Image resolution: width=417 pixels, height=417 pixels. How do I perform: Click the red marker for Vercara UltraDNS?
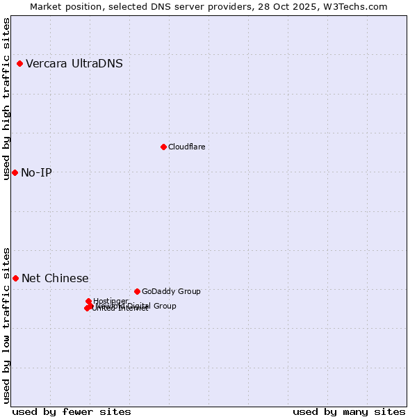(x=19, y=64)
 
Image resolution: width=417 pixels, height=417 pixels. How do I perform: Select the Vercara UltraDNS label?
(x=74, y=64)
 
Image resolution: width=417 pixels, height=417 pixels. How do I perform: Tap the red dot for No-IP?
(x=15, y=172)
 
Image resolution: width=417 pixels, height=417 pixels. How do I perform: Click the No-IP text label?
(x=36, y=172)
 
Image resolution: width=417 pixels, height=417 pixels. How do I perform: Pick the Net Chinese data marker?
(x=15, y=278)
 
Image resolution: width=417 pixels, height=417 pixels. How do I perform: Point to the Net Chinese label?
(x=55, y=278)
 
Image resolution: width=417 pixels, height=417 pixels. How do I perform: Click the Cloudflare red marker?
(x=163, y=147)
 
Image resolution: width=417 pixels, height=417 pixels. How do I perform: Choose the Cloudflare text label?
(x=186, y=147)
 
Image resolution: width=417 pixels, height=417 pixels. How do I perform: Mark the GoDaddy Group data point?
(x=137, y=291)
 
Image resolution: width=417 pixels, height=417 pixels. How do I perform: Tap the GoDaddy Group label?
(x=171, y=291)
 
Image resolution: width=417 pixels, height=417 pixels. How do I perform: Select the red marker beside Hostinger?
(x=88, y=301)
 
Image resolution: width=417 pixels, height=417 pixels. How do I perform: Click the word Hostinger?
(x=111, y=301)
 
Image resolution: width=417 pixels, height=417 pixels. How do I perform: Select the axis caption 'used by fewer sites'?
(x=72, y=411)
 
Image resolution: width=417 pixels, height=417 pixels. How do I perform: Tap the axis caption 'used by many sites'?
(x=349, y=411)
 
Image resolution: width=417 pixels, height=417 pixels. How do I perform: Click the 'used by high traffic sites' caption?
(x=7, y=99)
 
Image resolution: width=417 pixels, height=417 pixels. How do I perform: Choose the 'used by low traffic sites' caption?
(x=7, y=325)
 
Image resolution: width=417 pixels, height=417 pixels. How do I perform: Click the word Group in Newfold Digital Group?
(x=164, y=306)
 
